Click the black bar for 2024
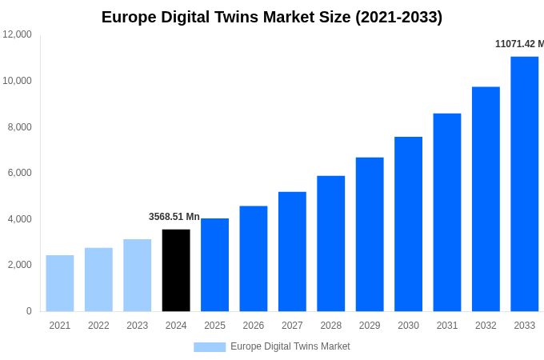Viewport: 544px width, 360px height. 176,270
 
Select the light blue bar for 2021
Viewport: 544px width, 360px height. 60,283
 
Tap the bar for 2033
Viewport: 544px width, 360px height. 524,184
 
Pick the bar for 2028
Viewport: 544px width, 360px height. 330,243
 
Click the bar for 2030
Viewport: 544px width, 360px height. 408,224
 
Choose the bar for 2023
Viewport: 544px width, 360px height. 137,275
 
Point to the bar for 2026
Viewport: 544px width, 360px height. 254,258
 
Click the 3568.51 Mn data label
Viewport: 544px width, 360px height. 174,217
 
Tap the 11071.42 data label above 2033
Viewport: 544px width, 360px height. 518,44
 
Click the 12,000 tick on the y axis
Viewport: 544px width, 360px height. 18,34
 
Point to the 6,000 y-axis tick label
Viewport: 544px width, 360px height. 20,173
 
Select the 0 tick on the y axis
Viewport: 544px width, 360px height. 29,311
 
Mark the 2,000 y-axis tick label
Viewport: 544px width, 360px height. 20,265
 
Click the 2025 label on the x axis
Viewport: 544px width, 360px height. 214,326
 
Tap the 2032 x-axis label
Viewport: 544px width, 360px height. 486,326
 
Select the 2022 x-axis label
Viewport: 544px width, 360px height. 98,326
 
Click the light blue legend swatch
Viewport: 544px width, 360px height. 210,346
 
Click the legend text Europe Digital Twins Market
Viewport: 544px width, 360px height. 290,346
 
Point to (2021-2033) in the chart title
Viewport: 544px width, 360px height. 398,17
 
